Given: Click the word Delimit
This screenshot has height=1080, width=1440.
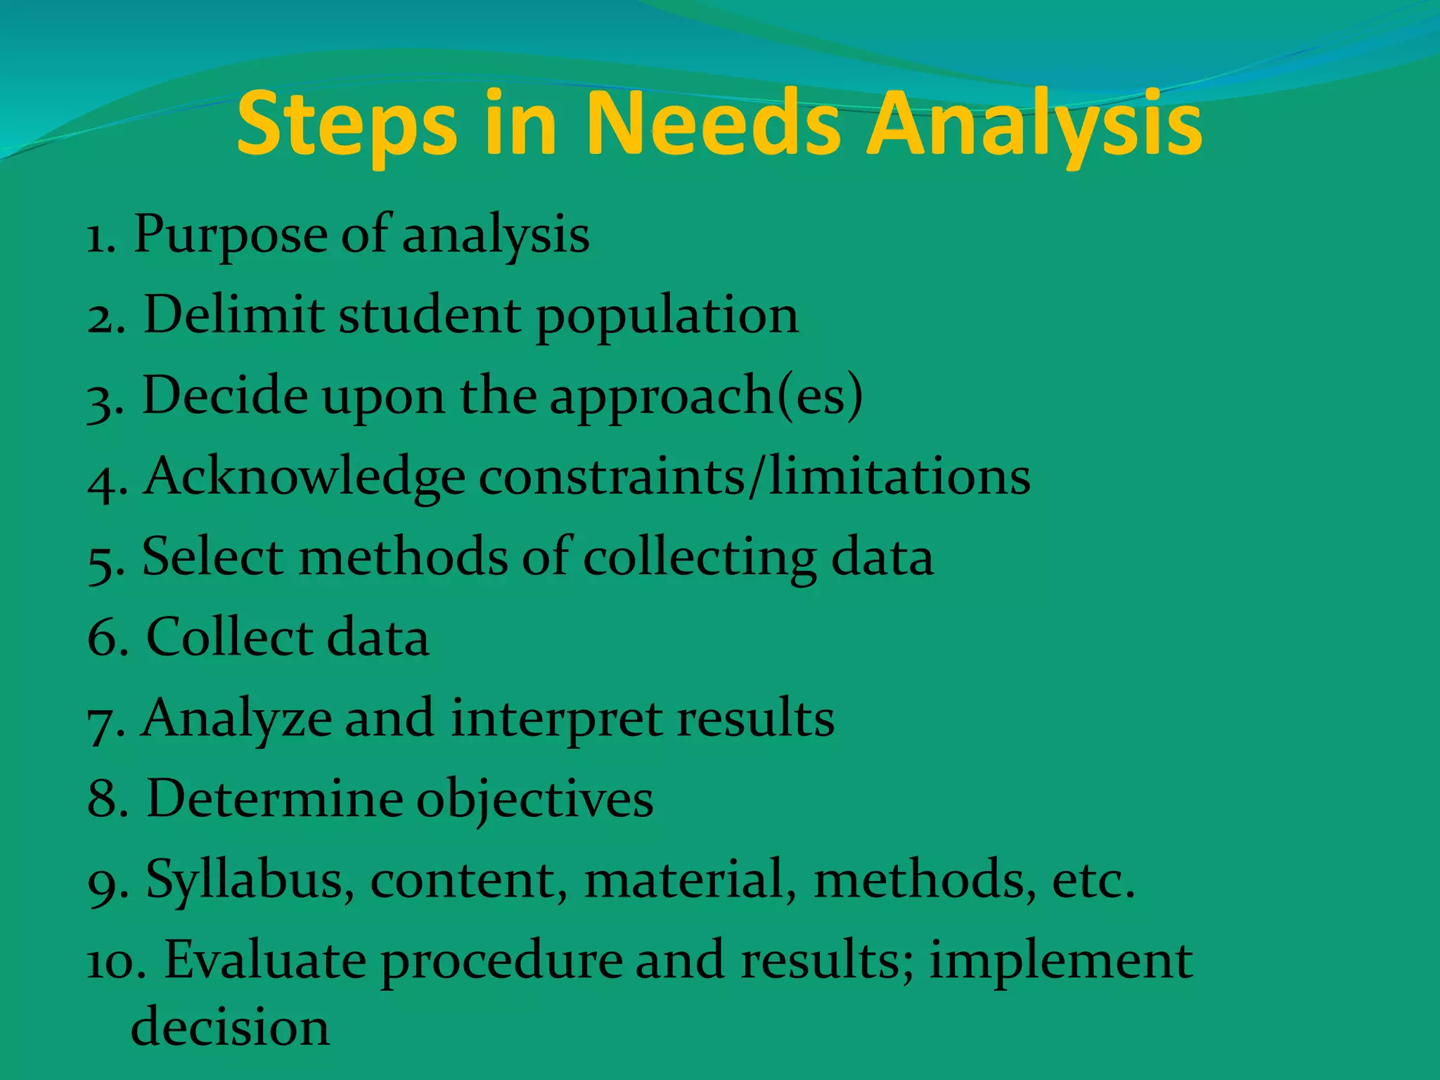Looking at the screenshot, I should point(233,315).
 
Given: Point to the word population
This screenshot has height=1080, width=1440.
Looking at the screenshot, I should point(667,316).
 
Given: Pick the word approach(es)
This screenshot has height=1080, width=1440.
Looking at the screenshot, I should point(706,397).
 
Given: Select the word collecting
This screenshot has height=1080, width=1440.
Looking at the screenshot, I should point(700,558).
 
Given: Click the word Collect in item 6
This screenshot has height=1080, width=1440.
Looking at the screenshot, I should point(229,638).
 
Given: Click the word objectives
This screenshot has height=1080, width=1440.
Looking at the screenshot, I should point(535,801).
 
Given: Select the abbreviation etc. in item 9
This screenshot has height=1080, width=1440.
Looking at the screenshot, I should point(1093,880).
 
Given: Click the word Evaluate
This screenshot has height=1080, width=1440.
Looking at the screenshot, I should point(265,960).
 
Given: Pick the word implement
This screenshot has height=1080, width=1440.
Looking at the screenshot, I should point(1061,962).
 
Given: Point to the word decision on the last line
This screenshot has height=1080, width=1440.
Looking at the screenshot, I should point(230,1027).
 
